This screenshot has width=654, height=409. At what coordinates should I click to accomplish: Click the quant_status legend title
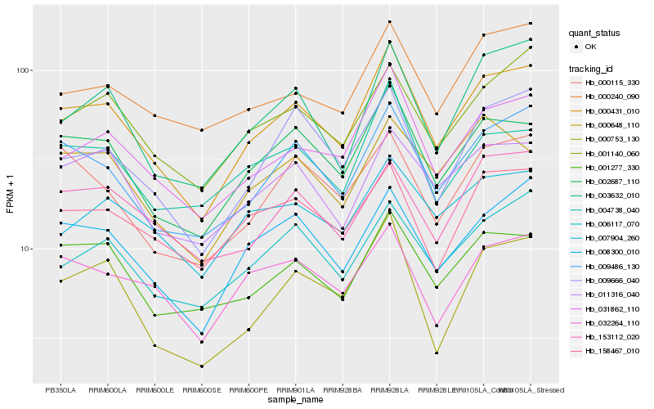[x=596, y=34]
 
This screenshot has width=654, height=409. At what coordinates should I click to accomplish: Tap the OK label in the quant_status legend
[x=591, y=47]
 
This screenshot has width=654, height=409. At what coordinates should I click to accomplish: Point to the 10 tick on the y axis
[x=24, y=249]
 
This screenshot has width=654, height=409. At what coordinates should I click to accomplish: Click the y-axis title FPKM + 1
[x=11, y=194]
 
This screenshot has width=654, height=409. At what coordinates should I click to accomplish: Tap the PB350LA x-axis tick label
[x=60, y=390]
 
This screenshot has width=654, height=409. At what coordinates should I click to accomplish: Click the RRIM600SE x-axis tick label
[x=201, y=390]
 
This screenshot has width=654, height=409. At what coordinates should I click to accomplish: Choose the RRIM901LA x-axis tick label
[x=295, y=390]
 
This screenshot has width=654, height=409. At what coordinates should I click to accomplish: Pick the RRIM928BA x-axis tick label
[x=343, y=390]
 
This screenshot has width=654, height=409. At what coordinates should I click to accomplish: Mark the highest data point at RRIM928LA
[x=389, y=22]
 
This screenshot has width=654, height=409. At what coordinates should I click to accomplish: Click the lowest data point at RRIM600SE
[x=201, y=366]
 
